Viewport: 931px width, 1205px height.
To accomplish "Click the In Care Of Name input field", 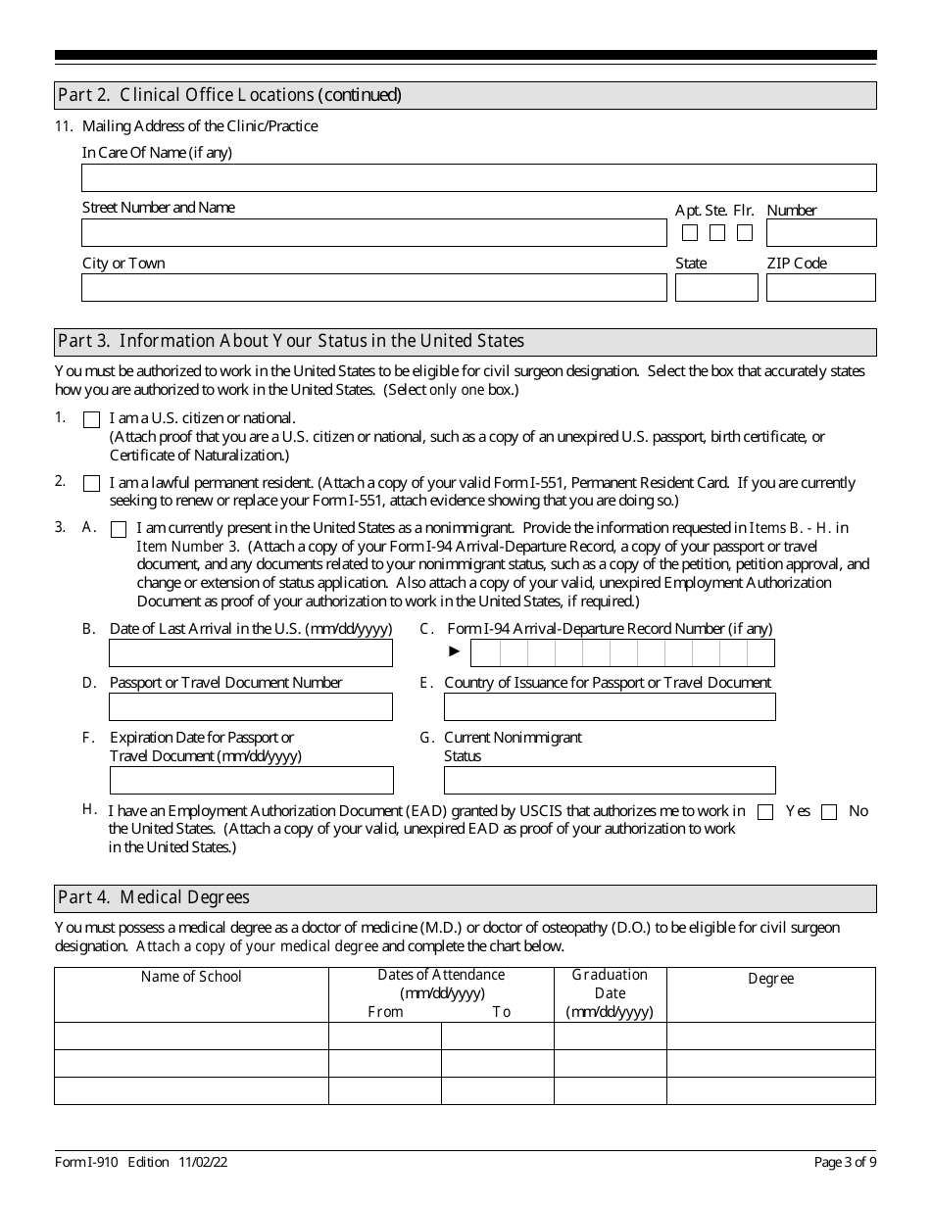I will (478, 177).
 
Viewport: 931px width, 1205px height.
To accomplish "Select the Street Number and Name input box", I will (373, 233).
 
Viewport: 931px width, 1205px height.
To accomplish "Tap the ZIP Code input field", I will (820, 288).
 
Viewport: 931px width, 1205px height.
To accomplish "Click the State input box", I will (716, 288).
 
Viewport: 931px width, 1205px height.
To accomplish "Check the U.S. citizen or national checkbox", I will (92, 419).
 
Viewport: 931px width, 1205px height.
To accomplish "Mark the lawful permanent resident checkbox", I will (92, 483).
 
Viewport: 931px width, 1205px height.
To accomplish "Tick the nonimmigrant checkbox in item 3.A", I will (119, 529).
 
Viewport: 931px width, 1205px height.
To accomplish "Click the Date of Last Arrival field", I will (251, 653).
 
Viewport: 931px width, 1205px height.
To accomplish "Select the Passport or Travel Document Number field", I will (251, 707).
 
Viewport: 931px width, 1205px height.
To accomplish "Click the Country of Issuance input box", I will (610, 707).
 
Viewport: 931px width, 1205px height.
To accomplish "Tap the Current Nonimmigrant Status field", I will (610, 781).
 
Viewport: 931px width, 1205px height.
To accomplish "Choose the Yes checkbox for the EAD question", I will (766, 812).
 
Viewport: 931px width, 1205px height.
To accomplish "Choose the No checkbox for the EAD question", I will (829, 812).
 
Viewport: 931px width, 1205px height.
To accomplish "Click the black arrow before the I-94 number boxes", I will (455, 651).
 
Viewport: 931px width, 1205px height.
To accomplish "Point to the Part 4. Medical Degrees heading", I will (154, 897).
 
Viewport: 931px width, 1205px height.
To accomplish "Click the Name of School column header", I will (191, 977).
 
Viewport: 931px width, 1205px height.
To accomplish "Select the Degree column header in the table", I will (771, 979).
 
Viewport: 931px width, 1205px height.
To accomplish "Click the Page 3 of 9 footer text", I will (845, 1163).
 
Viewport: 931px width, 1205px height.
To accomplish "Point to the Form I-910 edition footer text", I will (141, 1163).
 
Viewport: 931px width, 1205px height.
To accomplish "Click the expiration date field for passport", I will (251, 781).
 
